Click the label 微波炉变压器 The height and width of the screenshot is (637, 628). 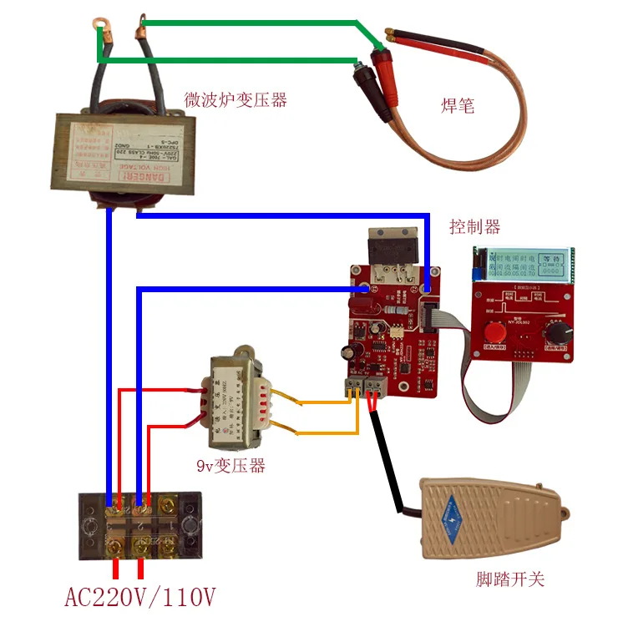click(x=235, y=100)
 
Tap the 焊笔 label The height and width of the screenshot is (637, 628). click(x=458, y=106)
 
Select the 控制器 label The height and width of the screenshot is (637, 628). click(x=474, y=227)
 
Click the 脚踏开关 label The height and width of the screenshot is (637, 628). click(x=509, y=579)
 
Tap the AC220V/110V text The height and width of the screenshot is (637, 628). click(x=140, y=599)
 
